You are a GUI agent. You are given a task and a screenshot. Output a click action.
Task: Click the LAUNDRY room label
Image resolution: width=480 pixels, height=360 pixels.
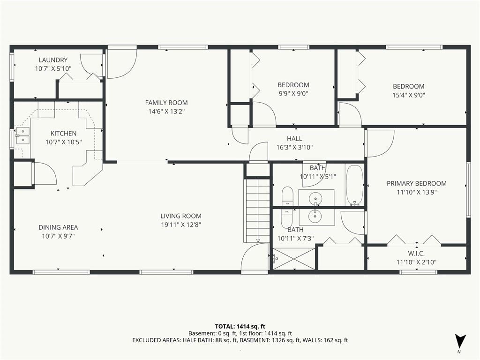53,60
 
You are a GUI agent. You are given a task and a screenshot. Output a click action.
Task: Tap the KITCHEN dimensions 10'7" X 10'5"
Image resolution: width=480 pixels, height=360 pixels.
64,142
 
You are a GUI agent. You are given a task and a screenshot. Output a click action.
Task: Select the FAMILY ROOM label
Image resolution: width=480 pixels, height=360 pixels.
166,103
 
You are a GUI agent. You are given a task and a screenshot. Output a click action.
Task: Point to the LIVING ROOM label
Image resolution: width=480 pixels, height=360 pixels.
181,216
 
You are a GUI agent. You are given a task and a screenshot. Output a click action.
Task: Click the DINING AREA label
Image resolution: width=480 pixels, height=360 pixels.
58,227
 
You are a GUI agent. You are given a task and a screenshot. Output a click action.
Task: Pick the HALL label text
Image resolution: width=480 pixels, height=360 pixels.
294,139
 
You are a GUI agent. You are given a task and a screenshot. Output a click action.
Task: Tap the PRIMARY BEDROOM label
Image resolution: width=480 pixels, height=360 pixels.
417,184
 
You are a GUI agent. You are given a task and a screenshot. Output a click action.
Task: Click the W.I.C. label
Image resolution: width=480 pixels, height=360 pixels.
416,254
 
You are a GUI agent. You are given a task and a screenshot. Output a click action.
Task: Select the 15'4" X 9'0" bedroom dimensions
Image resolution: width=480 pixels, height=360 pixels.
409,95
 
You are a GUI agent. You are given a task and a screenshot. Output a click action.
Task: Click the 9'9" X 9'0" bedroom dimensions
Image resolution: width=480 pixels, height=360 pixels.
293,94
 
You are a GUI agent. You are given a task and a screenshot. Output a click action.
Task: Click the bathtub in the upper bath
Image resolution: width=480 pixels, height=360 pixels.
354,185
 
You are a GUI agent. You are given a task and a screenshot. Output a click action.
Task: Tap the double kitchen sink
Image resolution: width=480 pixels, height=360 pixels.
22,135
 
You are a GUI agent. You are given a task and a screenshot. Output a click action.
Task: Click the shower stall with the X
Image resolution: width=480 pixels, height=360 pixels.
293,259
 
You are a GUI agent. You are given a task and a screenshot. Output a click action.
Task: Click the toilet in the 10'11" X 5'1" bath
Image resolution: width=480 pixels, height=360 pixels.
287,196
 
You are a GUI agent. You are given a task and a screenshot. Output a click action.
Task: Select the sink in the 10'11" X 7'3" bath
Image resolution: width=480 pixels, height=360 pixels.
315,217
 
